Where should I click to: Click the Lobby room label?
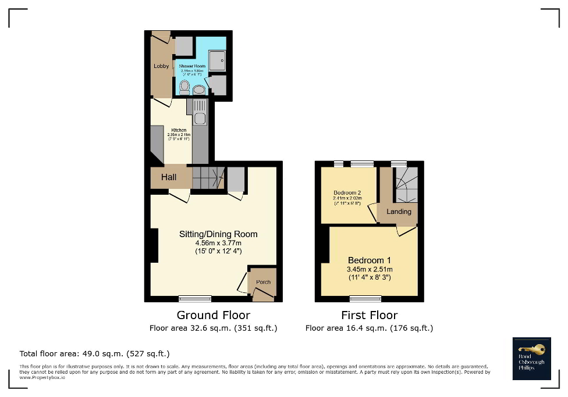pos(161,66)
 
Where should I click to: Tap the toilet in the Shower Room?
pos(184,88)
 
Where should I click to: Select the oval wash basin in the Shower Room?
pos(199,90)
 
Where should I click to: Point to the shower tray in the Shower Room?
pos(218,60)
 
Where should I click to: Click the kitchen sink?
pos(200,119)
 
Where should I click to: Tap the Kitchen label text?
pos(179,130)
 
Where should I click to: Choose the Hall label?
pos(169,177)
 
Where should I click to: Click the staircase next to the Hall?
pos(208,177)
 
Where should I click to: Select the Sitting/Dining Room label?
pos(218,234)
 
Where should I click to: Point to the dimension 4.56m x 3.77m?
pos(218,243)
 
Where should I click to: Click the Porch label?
pos(263,282)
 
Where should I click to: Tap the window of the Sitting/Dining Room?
pos(195,299)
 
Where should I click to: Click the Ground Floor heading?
pos(214,315)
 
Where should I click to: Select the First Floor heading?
pos(369,315)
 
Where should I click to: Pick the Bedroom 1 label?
pos(369,260)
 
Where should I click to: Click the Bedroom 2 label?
pos(347,193)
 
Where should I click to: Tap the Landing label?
pos(399,212)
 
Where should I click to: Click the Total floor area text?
pos(94,353)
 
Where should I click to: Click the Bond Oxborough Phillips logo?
pos(531,358)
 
